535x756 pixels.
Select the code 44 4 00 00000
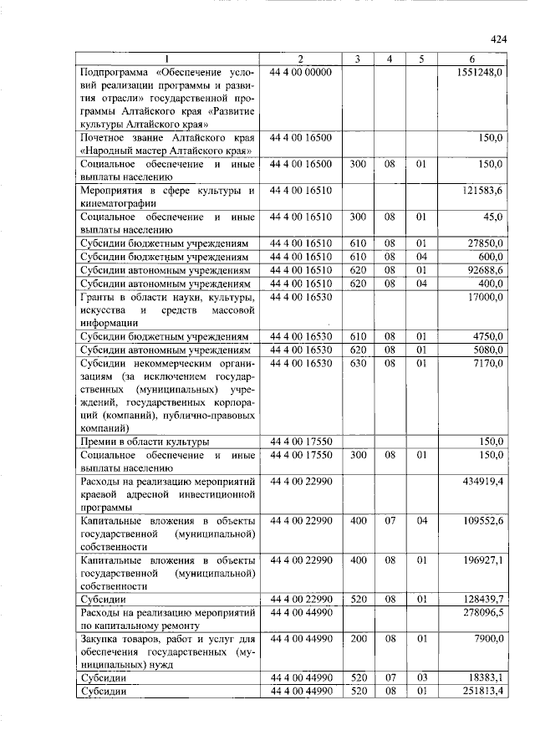point(302,73)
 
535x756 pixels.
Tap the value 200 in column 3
point(358,640)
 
